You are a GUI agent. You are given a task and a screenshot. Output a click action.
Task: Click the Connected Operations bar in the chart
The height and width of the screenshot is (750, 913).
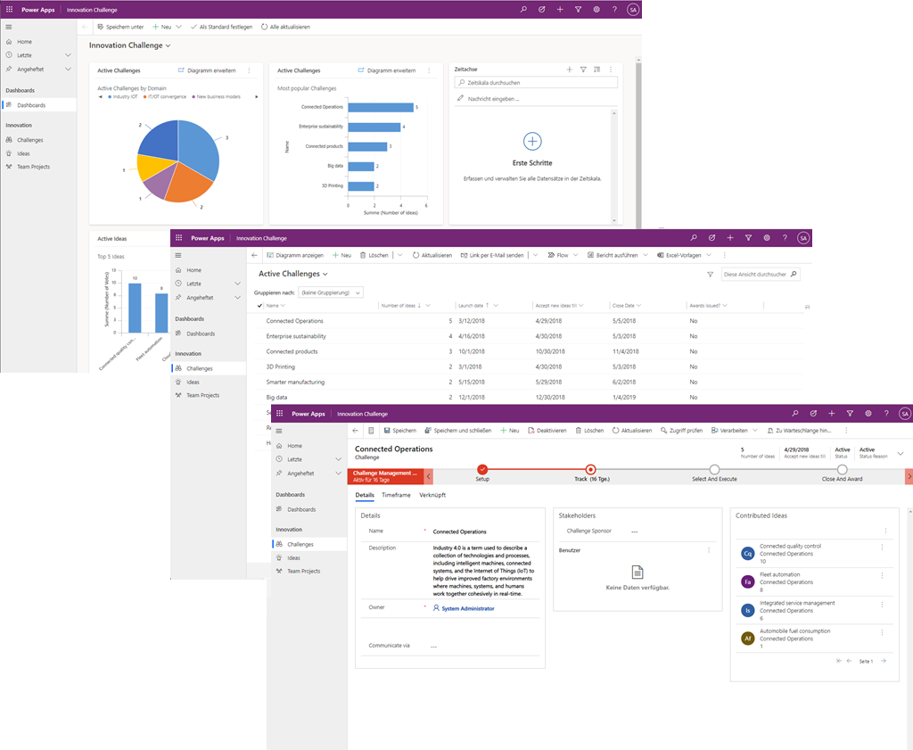pos(381,107)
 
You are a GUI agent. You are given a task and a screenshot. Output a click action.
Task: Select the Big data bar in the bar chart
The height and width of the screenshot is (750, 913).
pos(361,166)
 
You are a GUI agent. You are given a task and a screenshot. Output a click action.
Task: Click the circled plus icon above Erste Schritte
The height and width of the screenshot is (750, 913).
pos(532,141)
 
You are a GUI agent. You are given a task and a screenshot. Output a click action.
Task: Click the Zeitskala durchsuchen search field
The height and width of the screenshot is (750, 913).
pos(536,82)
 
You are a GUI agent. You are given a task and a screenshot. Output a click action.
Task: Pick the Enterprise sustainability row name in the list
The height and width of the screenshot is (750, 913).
pos(296,336)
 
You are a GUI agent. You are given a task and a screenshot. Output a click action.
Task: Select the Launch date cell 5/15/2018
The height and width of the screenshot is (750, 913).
pos(473,382)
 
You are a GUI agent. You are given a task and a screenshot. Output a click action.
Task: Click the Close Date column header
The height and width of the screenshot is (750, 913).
pos(623,305)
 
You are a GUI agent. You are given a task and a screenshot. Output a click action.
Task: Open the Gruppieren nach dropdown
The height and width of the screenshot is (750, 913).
pos(331,293)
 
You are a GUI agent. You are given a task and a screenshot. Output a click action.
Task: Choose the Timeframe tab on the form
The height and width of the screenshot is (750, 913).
pos(396,495)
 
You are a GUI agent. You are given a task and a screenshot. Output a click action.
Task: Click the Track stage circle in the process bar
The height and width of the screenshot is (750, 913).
pos(589,470)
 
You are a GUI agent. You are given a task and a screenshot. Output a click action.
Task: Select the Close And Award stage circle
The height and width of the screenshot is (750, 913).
pos(842,470)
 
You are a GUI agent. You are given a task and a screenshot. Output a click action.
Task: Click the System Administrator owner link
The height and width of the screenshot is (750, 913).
pos(467,608)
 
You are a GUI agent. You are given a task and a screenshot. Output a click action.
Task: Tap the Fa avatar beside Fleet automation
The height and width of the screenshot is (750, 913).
pos(747,581)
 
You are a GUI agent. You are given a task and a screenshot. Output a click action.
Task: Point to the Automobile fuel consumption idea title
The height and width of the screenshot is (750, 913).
pos(794,631)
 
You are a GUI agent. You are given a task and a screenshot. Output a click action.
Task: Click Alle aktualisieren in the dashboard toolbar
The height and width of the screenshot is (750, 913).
pos(285,27)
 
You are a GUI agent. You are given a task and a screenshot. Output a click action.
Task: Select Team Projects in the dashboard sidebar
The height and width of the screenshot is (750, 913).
pos(33,167)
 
